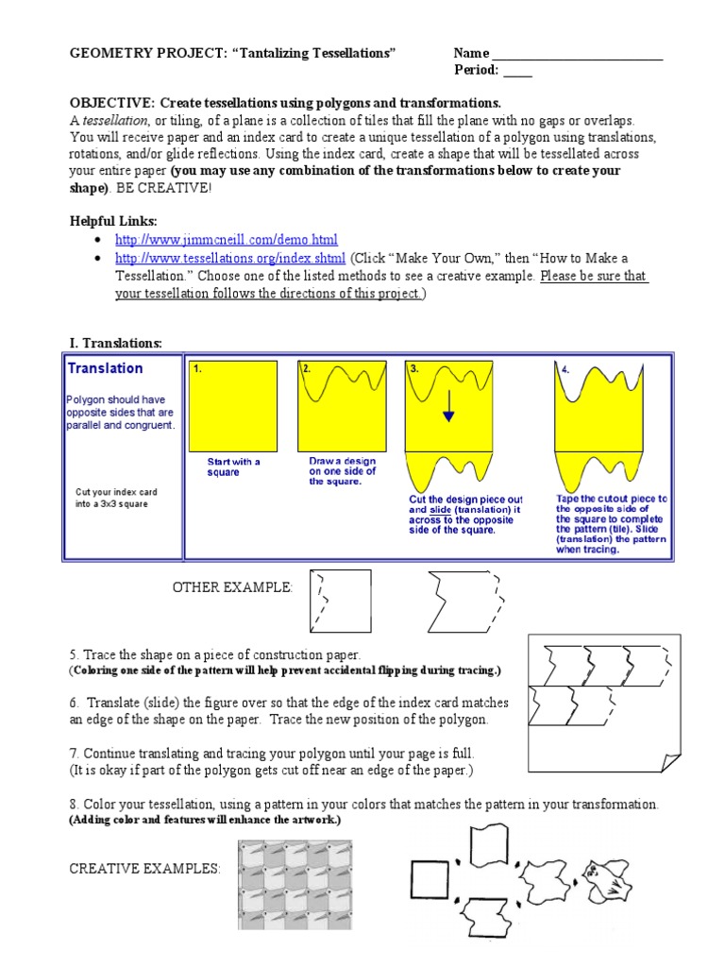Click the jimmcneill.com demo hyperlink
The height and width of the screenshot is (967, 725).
tap(226, 240)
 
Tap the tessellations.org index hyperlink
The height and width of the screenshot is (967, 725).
tap(230, 258)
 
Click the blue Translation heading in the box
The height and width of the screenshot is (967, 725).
tap(106, 368)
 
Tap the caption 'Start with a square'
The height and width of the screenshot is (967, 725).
tap(233, 467)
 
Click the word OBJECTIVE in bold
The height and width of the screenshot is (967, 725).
tap(111, 103)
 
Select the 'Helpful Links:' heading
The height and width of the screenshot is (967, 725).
tap(113, 220)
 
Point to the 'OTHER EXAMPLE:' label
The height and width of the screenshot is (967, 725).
tap(232, 588)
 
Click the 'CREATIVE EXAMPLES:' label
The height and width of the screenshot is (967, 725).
tap(144, 869)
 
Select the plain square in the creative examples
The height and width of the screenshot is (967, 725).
tap(430, 879)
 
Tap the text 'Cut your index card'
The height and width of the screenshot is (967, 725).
tap(116, 493)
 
